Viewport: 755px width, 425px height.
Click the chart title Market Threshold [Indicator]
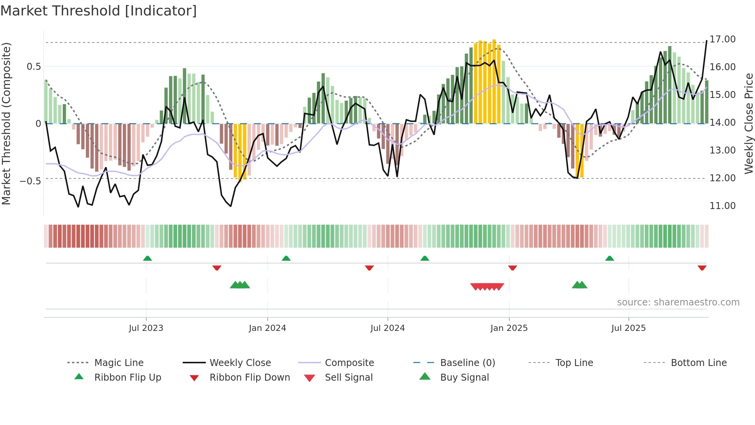(99, 11)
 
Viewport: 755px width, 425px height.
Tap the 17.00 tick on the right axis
(722, 39)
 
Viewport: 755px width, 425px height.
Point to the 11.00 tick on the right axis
(722, 206)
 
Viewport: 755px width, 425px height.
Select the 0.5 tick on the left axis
(34, 67)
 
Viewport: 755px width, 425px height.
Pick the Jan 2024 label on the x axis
(267, 328)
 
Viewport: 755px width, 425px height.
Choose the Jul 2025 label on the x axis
(628, 328)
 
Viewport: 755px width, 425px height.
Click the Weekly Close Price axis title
(748, 123)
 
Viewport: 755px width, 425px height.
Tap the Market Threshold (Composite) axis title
(6, 123)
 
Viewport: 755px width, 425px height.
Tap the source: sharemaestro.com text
(678, 302)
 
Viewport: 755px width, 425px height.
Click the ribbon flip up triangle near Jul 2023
(148, 258)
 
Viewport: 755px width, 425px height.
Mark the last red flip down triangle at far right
(702, 268)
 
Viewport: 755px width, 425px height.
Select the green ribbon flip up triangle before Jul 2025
(609, 258)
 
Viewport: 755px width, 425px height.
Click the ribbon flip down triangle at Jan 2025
(512, 268)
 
